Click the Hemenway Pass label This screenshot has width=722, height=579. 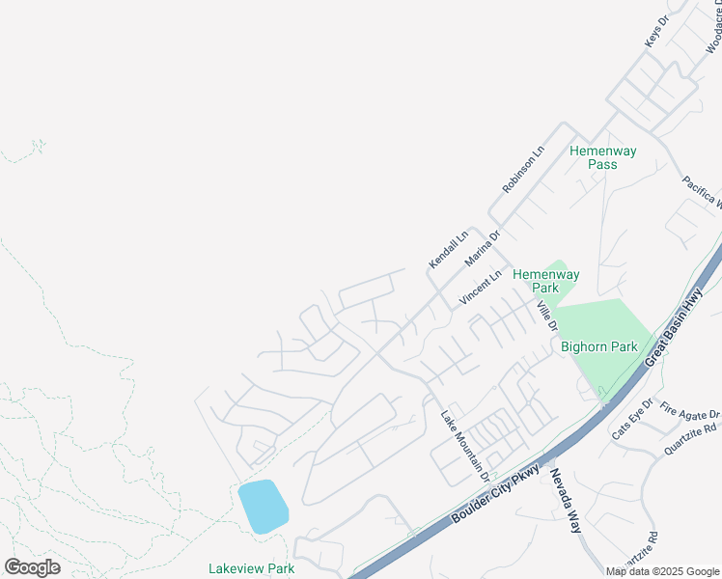tap(594, 157)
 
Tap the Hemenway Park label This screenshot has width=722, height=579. tap(545, 281)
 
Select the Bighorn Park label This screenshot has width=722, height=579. tap(598, 346)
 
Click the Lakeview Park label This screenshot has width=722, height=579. tap(251, 568)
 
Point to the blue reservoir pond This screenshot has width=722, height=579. tap(264, 506)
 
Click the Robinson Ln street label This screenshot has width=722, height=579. tap(523, 169)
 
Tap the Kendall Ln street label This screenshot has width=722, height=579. tap(449, 249)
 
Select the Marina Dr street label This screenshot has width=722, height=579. tap(483, 248)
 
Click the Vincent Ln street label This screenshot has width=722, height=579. tap(481, 288)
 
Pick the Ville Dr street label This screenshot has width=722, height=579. tap(547, 315)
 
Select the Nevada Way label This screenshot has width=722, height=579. tap(567, 502)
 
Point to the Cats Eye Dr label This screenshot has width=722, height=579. tap(633, 420)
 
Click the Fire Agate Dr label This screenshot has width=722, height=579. tap(682, 406)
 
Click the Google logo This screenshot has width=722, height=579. tap(32, 567)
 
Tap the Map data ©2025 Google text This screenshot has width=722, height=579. tap(661, 571)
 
